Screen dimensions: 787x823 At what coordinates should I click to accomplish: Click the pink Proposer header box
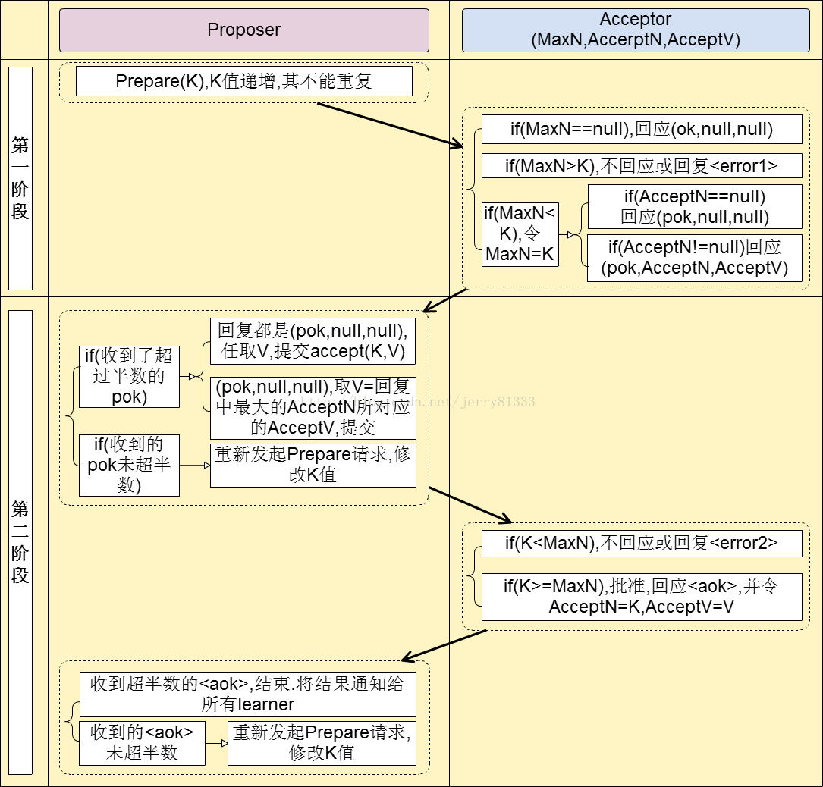tap(243, 30)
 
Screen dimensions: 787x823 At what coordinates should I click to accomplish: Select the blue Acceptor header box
tap(636, 30)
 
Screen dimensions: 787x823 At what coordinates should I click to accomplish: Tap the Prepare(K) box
tap(243, 81)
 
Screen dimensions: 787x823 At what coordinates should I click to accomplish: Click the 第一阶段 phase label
tap(20, 178)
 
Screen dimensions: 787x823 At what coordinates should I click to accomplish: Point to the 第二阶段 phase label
tap(20, 541)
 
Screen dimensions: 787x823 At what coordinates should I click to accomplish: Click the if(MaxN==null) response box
tap(641, 130)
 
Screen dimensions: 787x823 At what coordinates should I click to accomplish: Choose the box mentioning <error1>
tap(641, 165)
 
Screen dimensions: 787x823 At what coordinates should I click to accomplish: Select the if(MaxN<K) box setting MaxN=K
tap(520, 234)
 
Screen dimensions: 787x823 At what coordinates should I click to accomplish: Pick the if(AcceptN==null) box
tap(694, 207)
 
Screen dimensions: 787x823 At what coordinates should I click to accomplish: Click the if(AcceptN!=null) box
tap(694, 258)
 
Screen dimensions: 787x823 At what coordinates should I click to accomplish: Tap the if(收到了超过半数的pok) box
tap(129, 376)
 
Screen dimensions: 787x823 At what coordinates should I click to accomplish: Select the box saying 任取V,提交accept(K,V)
tap(313, 341)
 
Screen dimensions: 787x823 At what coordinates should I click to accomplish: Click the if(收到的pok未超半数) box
tap(129, 465)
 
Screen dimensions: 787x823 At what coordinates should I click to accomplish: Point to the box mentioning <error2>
tap(641, 543)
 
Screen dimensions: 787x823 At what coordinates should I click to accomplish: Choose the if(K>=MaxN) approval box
tap(641, 596)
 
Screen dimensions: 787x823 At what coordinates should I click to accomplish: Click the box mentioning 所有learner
tap(247, 694)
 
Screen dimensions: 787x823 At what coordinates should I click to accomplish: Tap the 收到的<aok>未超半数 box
tap(142, 742)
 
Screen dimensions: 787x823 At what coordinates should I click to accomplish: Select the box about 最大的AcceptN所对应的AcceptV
tap(313, 407)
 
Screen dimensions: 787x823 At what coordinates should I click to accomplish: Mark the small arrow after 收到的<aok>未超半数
tap(216, 743)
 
